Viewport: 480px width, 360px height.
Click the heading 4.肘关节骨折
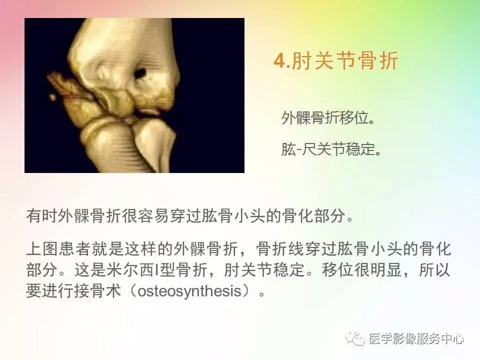click(x=336, y=60)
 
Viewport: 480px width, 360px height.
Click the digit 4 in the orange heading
click(x=279, y=60)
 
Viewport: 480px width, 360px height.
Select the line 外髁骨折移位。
click(x=328, y=117)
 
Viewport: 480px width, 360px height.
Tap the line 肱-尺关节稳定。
click(x=331, y=149)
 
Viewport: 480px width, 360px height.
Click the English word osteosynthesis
click(x=189, y=290)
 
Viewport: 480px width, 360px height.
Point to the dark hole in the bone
click(x=140, y=73)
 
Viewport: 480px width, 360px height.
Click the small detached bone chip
click(x=52, y=97)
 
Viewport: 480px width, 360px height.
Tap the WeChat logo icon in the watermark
click(x=355, y=338)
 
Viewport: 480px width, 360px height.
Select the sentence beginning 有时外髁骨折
click(x=190, y=216)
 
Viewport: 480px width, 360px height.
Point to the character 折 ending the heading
click(x=388, y=60)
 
